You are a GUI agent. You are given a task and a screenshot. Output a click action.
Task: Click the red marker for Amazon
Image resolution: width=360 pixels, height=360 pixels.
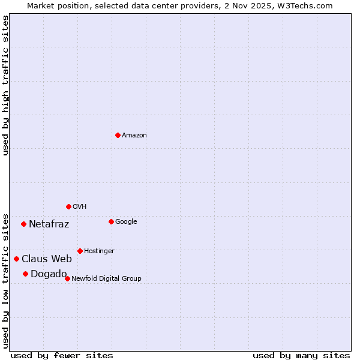(118, 135)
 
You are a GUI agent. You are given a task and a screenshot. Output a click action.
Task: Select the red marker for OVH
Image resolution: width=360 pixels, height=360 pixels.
(68, 206)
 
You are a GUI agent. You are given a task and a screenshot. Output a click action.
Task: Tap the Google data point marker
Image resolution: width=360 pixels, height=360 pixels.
(111, 221)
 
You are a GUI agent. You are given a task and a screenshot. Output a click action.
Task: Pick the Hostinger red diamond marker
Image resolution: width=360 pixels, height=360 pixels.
(80, 251)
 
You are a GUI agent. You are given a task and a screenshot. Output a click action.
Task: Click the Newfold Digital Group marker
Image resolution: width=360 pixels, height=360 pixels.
(67, 278)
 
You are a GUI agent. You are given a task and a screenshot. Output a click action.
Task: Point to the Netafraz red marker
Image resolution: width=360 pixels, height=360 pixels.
(23, 224)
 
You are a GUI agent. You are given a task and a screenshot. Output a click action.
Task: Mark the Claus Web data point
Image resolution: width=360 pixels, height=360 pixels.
(16, 259)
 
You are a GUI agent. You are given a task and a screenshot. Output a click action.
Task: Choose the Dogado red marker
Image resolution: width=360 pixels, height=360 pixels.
(25, 274)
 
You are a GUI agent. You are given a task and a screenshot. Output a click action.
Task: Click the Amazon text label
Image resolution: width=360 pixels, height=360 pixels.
(134, 136)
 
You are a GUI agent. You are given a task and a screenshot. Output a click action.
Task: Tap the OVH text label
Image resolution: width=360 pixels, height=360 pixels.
(80, 207)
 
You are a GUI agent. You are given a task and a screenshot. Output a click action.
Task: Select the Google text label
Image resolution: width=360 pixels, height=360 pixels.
(126, 222)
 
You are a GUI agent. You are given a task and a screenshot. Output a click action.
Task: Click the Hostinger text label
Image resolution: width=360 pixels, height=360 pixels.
(99, 251)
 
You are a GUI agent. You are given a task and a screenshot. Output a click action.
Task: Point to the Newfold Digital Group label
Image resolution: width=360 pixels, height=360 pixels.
(106, 279)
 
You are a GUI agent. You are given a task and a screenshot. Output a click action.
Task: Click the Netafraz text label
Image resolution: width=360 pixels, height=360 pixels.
(49, 224)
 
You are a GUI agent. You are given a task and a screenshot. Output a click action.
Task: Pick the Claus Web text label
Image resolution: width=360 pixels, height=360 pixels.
(47, 259)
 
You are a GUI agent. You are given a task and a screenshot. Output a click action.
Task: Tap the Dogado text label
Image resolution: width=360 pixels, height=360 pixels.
(49, 274)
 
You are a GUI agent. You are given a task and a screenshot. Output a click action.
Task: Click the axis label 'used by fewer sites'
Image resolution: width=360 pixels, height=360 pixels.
(62, 355)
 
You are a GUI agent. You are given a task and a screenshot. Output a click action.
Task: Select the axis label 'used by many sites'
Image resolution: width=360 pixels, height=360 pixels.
(301, 355)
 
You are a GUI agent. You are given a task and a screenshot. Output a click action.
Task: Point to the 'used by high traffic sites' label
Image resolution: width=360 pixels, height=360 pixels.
(5, 85)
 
